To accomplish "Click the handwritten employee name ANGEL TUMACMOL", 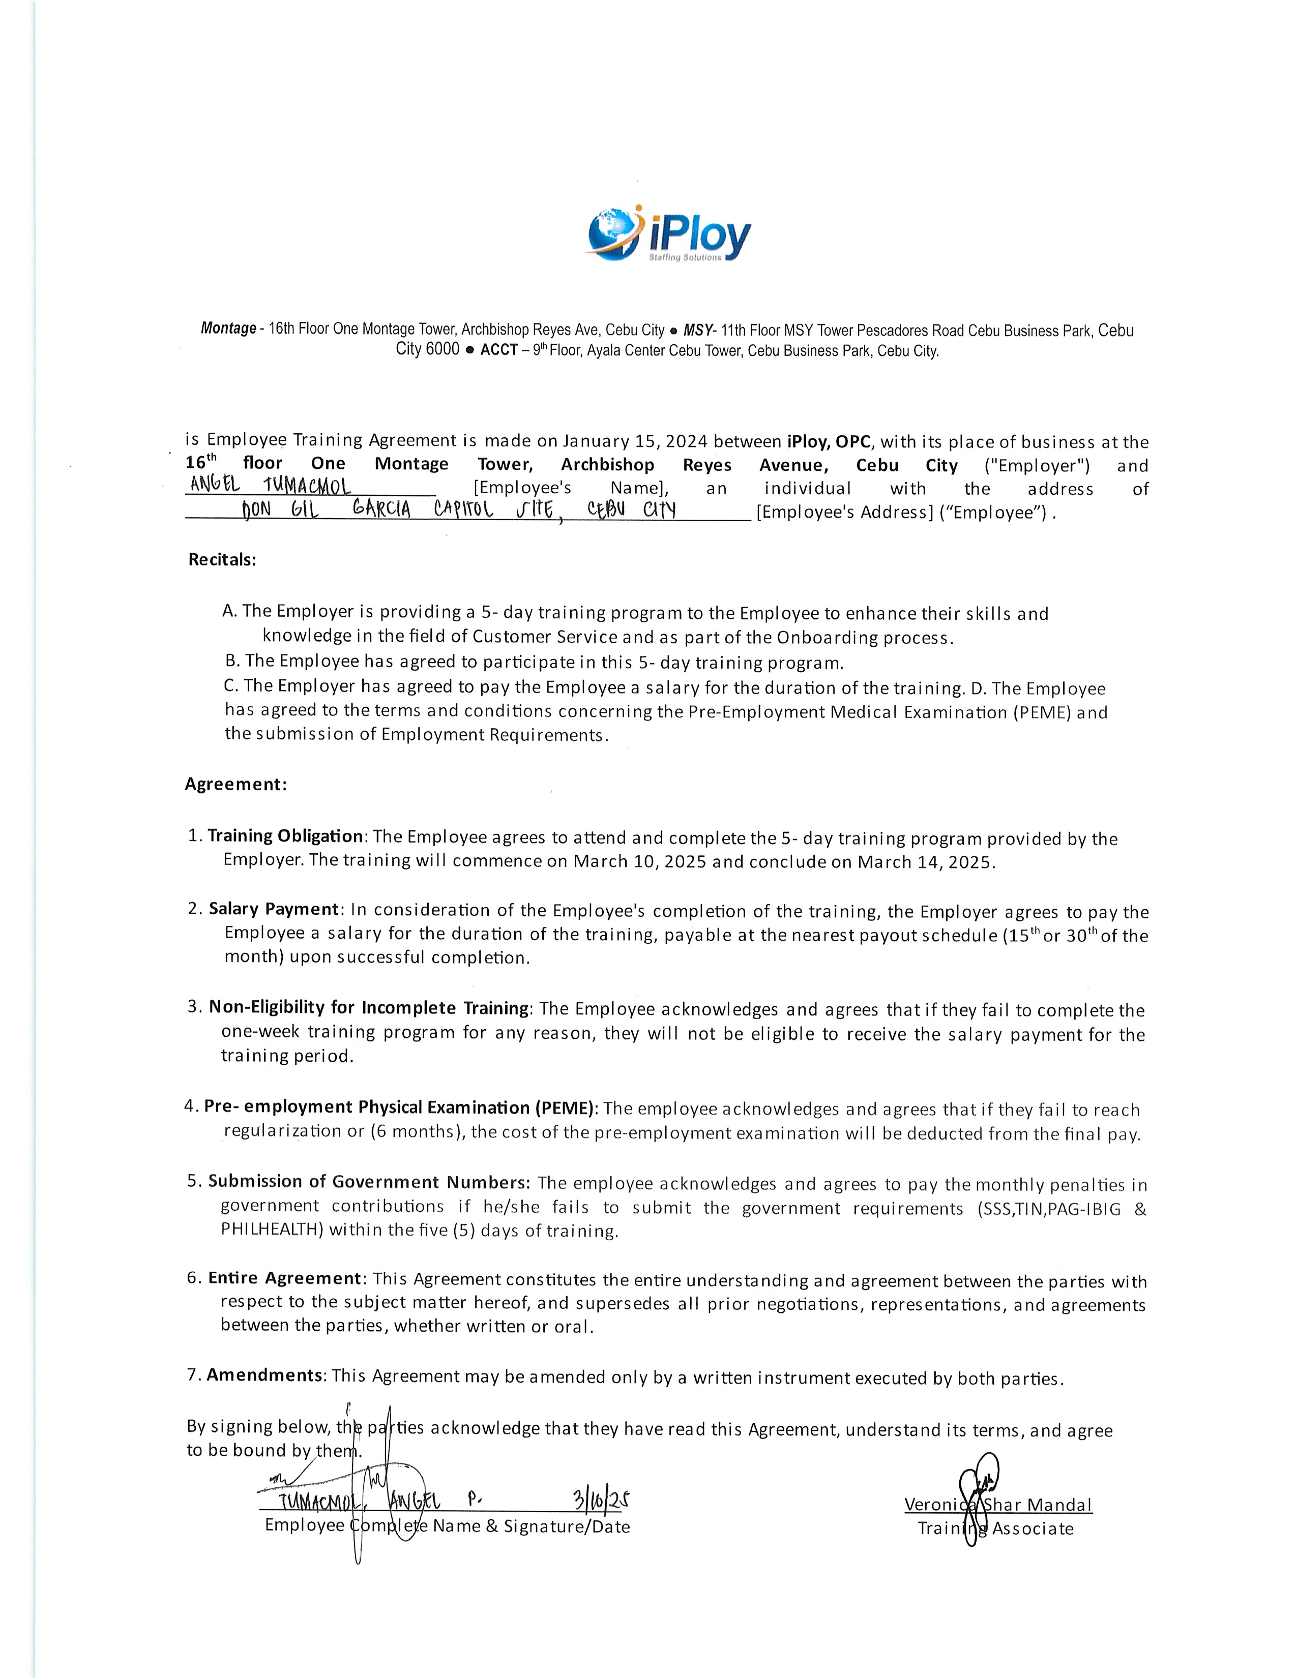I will click(x=270, y=486).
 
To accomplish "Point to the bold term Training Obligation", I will click(x=285, y=836).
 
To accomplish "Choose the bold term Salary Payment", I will click(x=274, y=909).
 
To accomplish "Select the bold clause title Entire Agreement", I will click(x=284, y=1278).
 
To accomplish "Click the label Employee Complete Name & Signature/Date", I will click(x=447, y=1526).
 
